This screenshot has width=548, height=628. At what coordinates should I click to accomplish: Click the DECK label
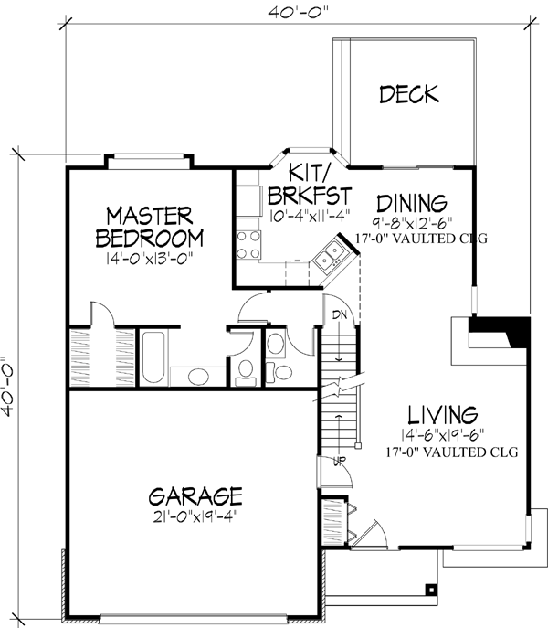point(409,94)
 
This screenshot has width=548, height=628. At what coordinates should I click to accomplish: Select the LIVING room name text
point(444,412)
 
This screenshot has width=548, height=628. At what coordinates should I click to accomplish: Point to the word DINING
point(410,202)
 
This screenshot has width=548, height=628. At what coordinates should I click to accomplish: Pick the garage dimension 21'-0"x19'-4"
point(195,516)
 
